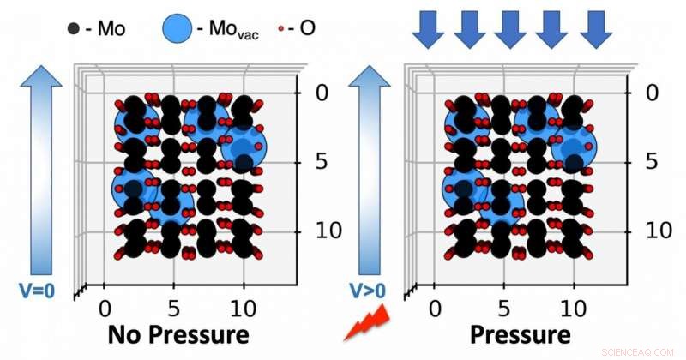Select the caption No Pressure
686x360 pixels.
click(178, 334)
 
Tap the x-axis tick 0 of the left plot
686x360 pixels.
click(105, 307)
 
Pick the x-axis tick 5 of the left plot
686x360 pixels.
click(175, 307)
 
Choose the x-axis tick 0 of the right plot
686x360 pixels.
click(436, 307)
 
